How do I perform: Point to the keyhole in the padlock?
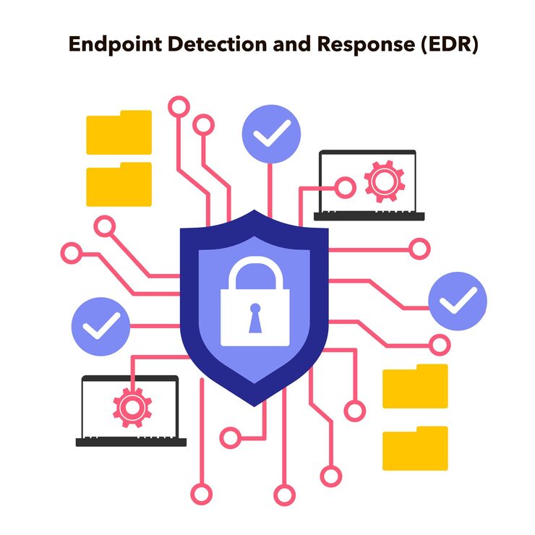254,318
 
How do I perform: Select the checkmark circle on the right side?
458,301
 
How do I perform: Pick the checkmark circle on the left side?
100,326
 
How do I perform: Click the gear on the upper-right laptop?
385,181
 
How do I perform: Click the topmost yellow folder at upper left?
119,132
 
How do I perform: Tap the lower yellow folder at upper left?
119,184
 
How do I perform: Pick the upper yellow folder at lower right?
415,386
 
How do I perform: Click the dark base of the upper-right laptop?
369,216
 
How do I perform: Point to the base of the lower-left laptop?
131,442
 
